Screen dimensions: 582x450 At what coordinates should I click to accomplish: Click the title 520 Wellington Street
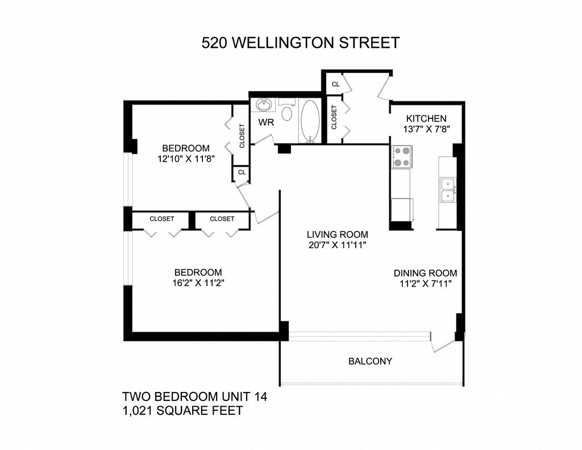click(300, 43)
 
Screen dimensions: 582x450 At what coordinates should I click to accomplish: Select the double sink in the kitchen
click(448, 190)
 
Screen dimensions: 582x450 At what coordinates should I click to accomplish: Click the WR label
click(266, 122)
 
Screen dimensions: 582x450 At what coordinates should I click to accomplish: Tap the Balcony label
click(370, 361)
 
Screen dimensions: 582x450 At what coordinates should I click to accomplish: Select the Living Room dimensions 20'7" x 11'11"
click(338, 245)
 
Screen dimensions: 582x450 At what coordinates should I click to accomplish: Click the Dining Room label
click(425, 274)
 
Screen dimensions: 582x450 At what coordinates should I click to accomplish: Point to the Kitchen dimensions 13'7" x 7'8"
click(426, 129)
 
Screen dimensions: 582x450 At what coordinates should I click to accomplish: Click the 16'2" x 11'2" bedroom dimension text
click(198, 283)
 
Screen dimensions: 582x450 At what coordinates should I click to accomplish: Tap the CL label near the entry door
click(335, 84)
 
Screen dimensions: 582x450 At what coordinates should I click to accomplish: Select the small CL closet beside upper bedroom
click(242, 172)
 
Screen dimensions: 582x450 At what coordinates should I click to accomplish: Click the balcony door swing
click(442, 342)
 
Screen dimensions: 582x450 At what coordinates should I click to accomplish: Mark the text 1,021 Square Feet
click(182, 411)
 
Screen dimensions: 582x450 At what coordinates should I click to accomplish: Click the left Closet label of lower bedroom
click(162, 219)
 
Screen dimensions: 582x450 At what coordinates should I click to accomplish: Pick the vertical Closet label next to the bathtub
click(334, 117)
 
